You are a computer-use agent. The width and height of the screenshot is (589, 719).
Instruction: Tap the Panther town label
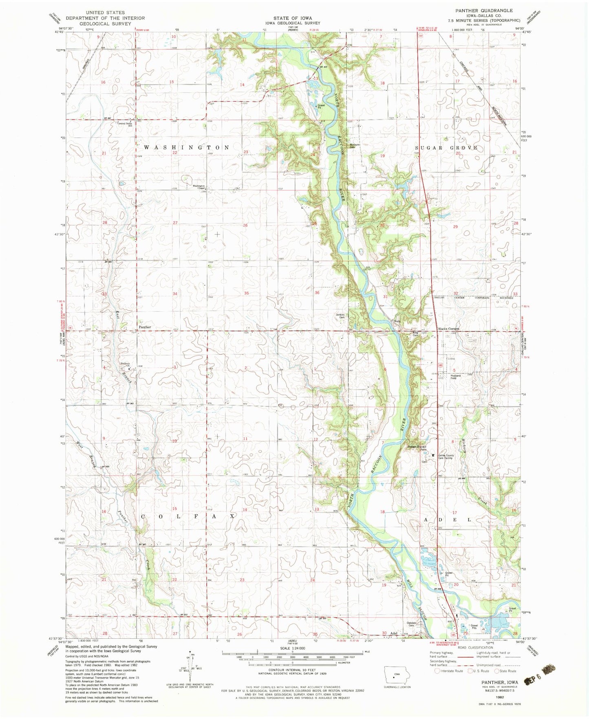tap(145, 327)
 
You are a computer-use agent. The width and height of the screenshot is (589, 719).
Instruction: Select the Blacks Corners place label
tap(449, 329)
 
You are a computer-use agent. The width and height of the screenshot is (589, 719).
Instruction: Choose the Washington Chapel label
tap(199, 187)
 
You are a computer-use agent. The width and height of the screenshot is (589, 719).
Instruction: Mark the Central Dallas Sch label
tap(125, 124)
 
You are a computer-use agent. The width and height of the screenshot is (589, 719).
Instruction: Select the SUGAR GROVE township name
tap(446, 148)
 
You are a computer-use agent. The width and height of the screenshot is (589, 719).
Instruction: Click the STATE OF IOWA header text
tap(293, 18)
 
